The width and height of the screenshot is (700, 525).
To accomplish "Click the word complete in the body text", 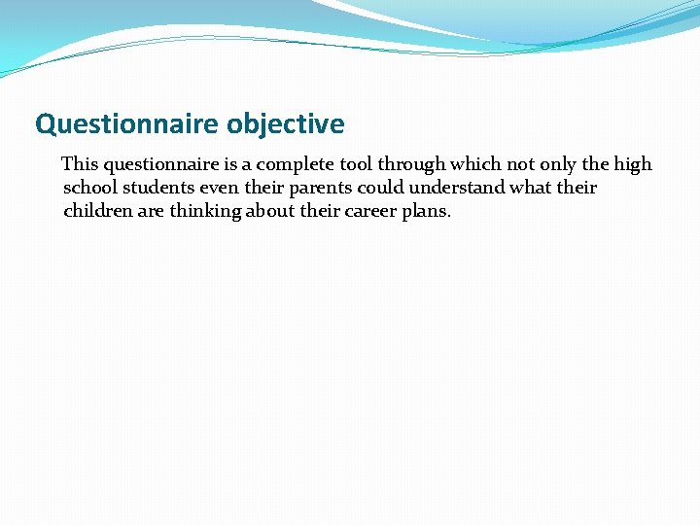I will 292,164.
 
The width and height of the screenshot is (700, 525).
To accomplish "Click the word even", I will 220,188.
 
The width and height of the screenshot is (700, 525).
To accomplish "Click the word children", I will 97,211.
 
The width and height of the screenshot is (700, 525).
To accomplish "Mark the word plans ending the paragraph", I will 427,212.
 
